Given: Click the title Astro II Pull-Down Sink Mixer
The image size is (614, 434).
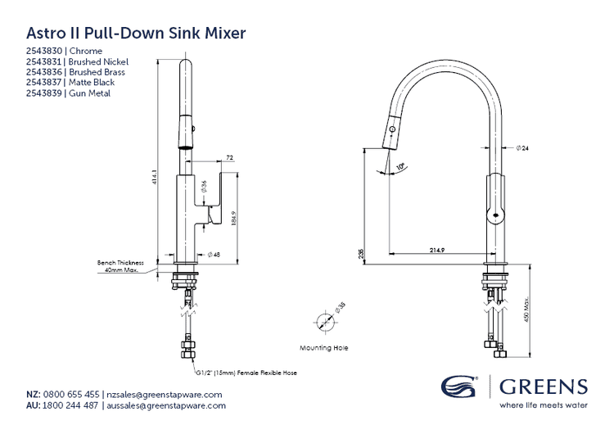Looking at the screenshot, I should pos(137,34).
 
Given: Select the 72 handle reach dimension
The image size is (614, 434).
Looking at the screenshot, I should pos(230,156).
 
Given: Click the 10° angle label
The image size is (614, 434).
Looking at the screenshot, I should pos(400,167).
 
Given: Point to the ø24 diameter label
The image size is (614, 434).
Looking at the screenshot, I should pos(522,147).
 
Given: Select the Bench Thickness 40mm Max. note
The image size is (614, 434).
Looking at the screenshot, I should pos(120,265).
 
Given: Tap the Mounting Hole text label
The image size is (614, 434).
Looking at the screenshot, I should pos(324,348).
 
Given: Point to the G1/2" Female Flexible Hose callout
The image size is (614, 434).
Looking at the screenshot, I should pos(246,373).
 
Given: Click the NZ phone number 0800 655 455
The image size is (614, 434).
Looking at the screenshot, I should pos(74,394).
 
